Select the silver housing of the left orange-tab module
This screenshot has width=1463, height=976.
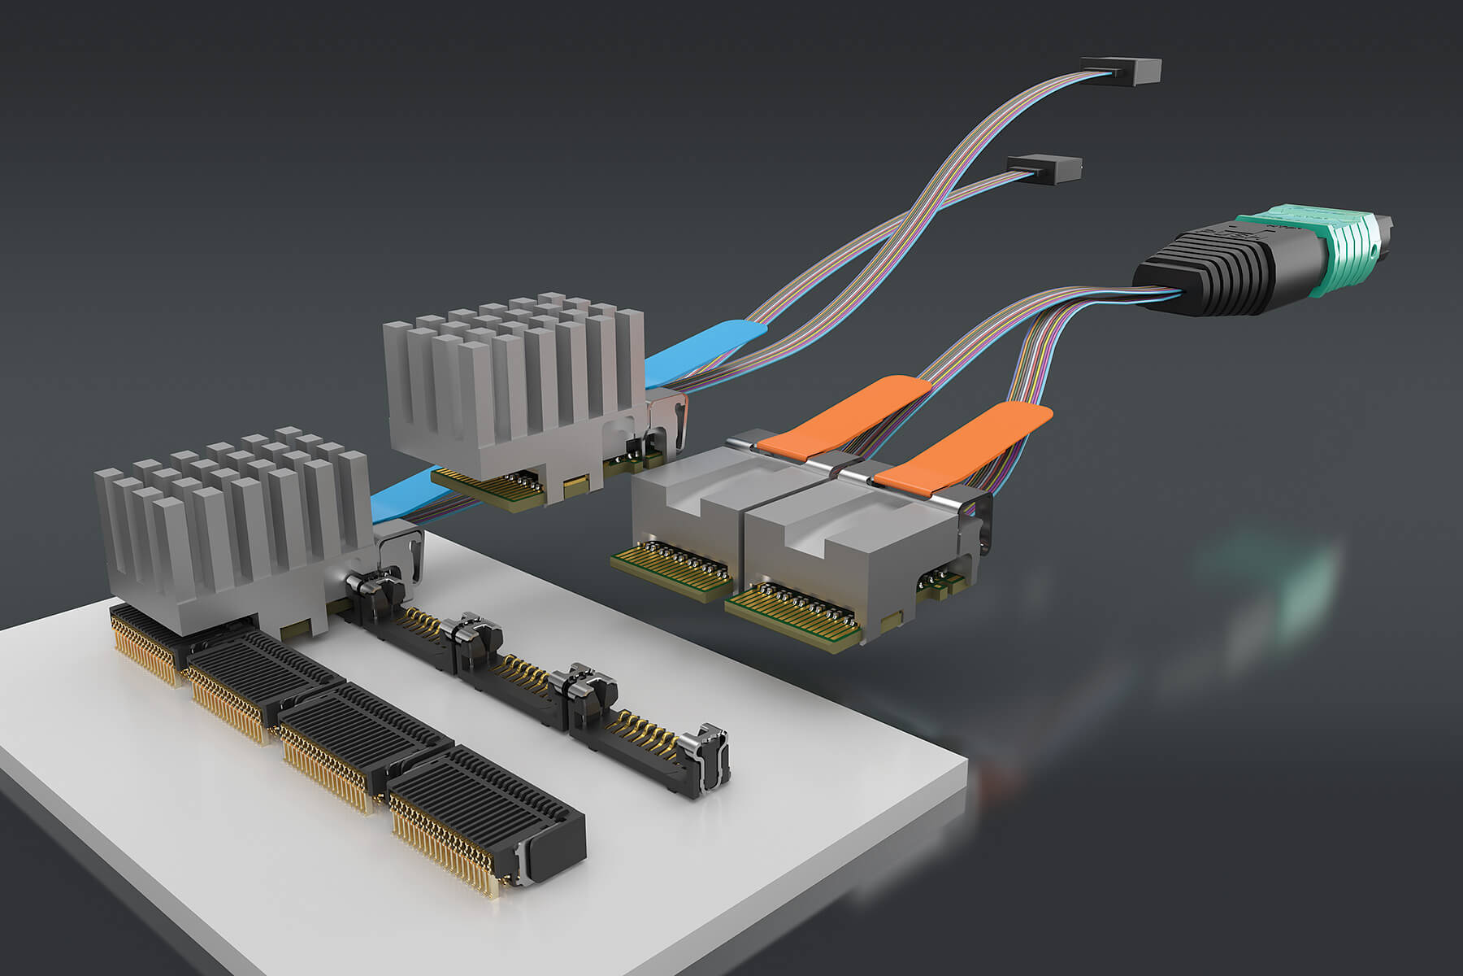click(x=691, y=504)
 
